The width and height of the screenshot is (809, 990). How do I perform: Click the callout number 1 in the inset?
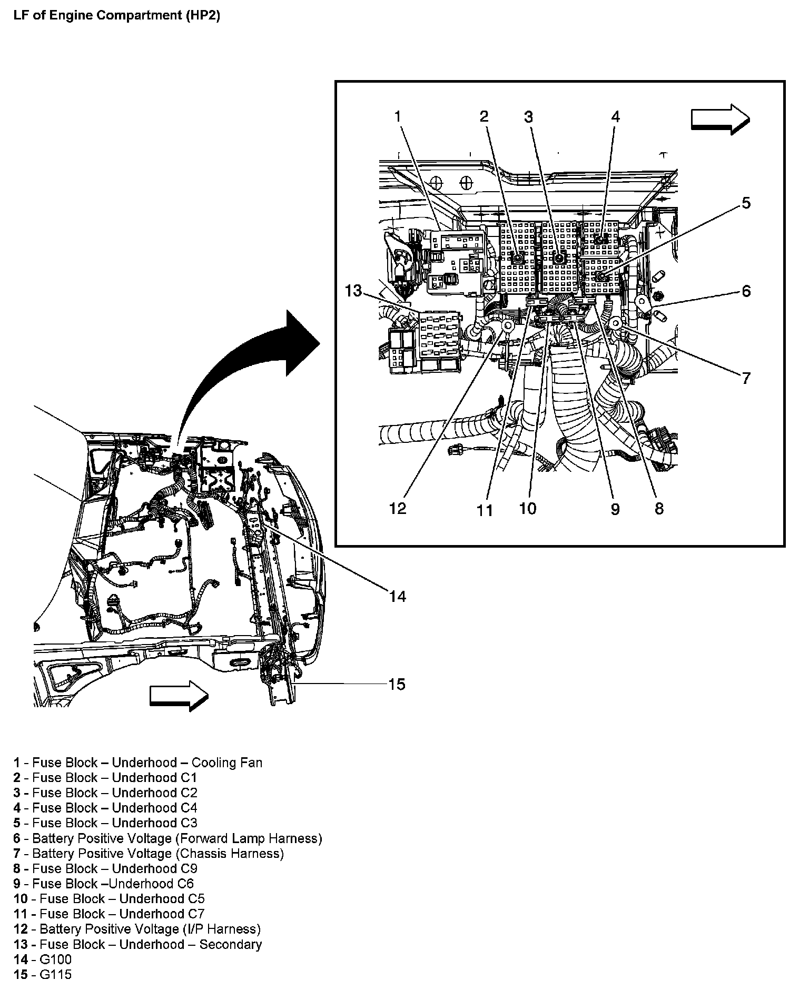pyautogui.click(x=398, y=116)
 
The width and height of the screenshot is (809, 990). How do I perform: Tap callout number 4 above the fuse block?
pyautogui.click(x=615, y=116)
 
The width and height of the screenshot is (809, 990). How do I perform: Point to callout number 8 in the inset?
pyautogui.click(x=659, y=508)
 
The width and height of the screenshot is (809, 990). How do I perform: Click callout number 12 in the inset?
pyautogui.click(x=398, y=508)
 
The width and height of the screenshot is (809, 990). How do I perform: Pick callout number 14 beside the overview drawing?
pyautogui.click(x=398, y=596)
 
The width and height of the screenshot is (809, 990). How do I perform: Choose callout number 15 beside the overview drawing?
pyautogui.click(x=397, y=684)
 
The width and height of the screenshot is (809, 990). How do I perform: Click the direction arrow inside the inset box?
pyautogui.click(x=720, y=119)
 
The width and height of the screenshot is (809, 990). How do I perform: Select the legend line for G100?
pyautogui.click(x=43, y=959)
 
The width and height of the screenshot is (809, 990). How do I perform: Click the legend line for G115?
pyautogui.click(x=43, y=975)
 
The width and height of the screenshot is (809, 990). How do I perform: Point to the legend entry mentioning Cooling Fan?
pyautogui.click(x=138, y=763)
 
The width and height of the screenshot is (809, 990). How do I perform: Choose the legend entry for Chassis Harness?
pyautogui.click(x=149, y=854)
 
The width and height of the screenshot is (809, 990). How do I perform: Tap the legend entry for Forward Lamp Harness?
pyautogui.click(x=168, y=838)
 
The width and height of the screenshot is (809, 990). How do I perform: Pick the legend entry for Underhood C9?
pyautogui.click(x=106, y=869)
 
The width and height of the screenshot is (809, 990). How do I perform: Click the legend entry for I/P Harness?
pyautogui.click(x=137, y=929)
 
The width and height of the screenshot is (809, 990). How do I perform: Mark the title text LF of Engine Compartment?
pyautogui.click(x=116, y=15)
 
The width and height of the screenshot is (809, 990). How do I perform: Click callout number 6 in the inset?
pyautogui.click(x=746, y=291)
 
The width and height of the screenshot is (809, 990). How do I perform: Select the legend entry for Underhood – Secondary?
pyautogui.click(x=138, y=945)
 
